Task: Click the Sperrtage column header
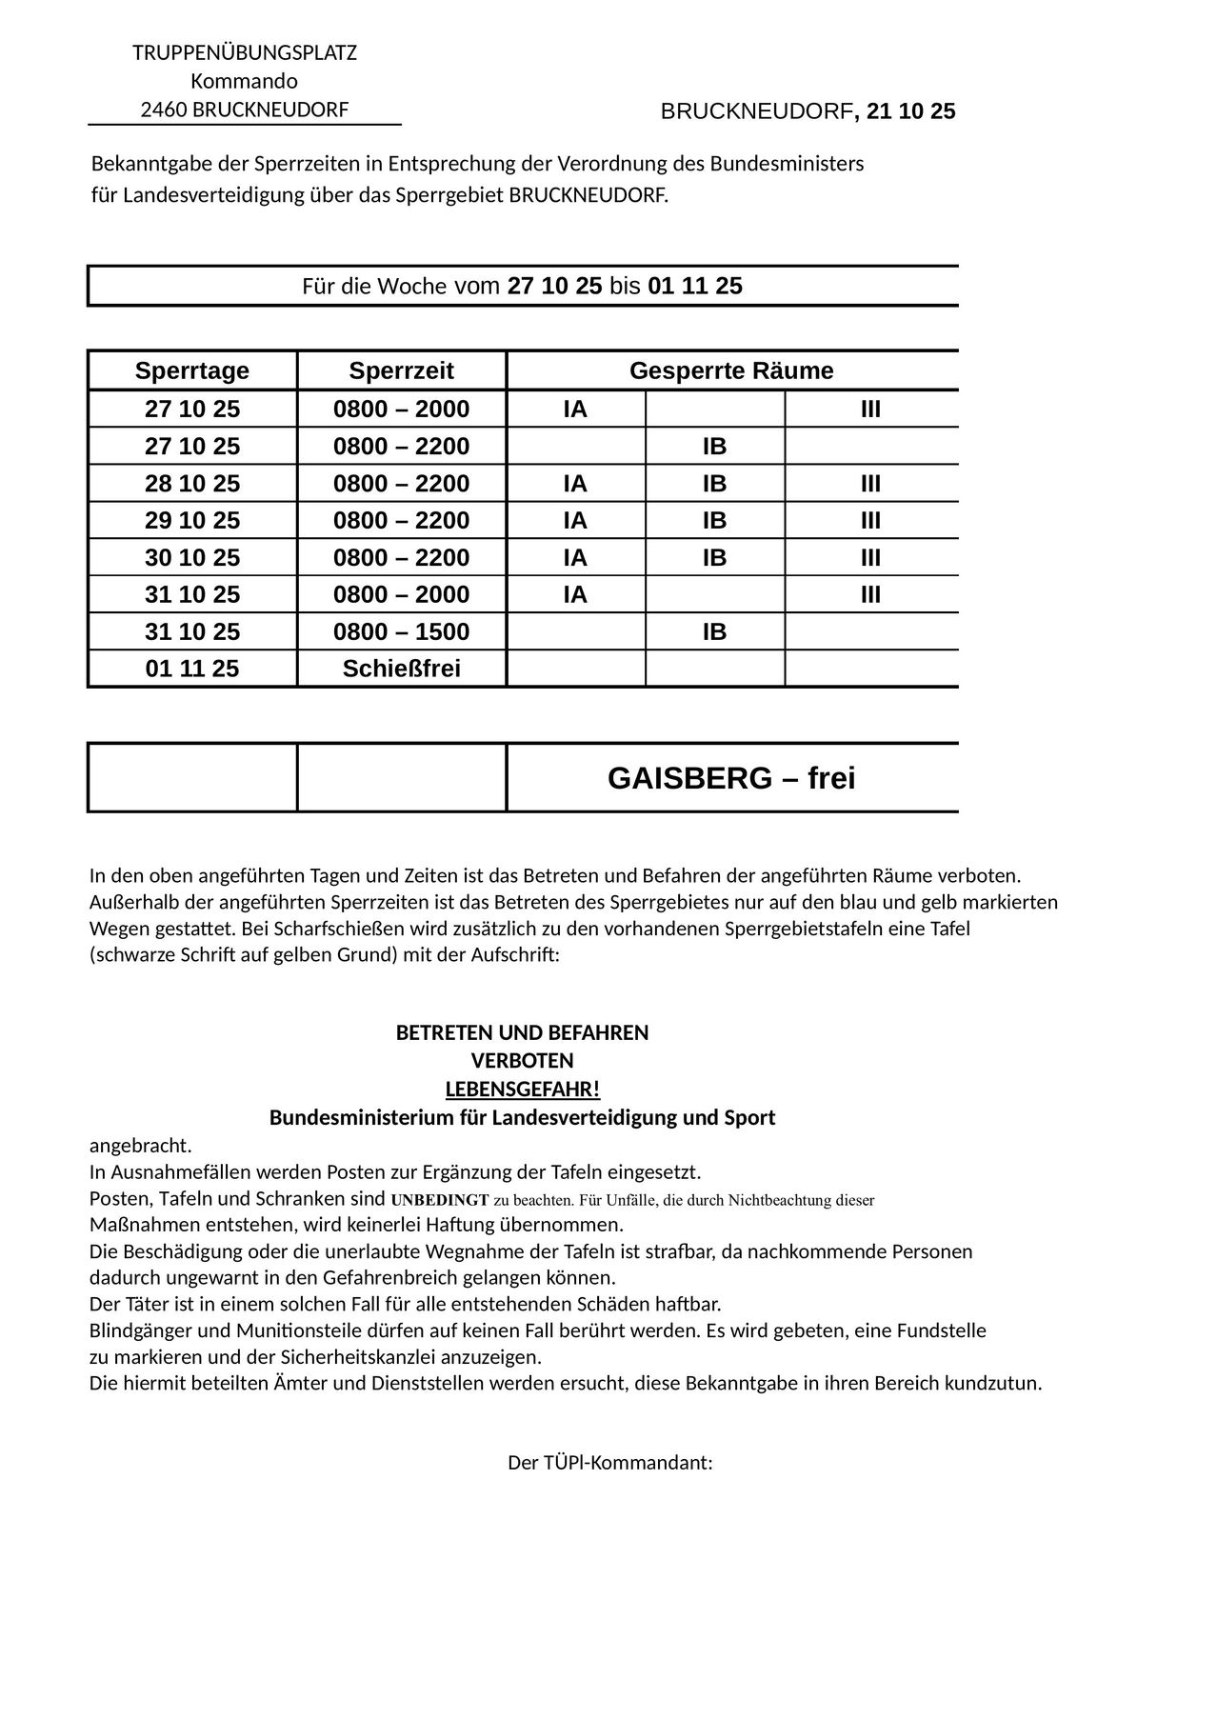click(192, 370)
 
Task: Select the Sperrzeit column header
click(401, 370)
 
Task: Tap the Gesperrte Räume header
click(731, 370)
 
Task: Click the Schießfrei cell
click(401, 669)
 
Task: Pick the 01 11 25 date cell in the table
click(192, 669)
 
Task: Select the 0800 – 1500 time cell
click(401, 631)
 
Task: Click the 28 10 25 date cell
click(192, 484)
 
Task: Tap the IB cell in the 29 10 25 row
click(714, 521)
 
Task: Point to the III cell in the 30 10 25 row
click(870, 558)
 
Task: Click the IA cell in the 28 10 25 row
click(575, 484)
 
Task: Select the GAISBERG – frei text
click(731, 778)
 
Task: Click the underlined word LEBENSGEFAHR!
click(523, 1090)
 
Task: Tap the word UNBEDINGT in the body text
click(440, 1200)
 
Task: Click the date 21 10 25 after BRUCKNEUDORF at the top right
click(911, 112)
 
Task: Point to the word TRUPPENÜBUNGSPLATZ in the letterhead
click(245, 53)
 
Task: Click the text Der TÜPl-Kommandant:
click(610, 1463)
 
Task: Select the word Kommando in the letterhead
click(245, 81)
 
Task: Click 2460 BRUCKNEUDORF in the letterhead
click(245, 110)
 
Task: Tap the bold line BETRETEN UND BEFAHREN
click(522, 1033)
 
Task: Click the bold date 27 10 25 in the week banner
click(554, 287)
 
